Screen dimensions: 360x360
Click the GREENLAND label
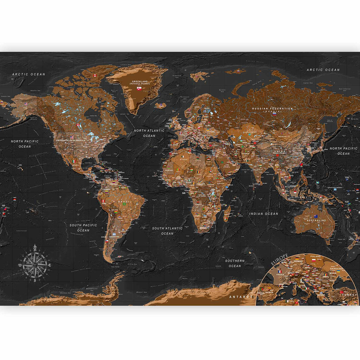pos(139,81)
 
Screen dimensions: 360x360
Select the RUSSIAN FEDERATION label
pos(272,109)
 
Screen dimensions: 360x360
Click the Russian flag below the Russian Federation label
pos(274,114)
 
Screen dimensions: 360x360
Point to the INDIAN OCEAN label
pos(264,213)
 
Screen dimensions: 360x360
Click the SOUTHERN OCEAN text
pos(235,263)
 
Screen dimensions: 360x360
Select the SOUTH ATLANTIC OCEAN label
pos(167,231)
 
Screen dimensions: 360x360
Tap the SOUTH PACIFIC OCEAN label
pos(83,227)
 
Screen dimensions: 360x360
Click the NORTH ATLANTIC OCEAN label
pos(149,133)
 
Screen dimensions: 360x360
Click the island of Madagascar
pos(227,214)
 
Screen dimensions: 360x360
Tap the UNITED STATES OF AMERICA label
pos(71,140)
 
